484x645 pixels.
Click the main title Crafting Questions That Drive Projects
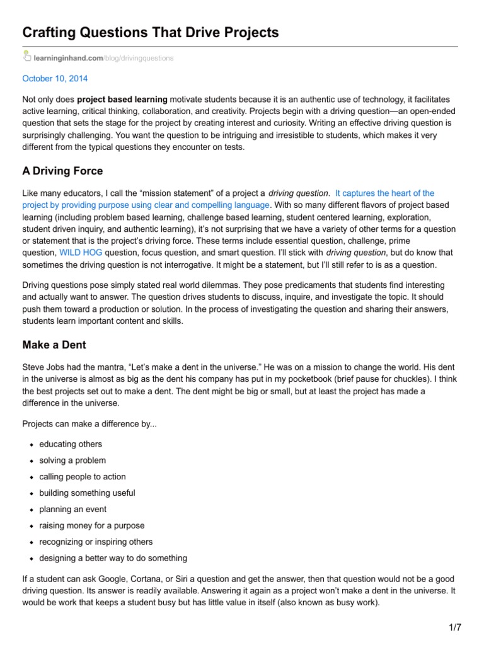pyautogui.click(x=150, y=32)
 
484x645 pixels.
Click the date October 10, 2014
pyautogui.click(x=55, y=79)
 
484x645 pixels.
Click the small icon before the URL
pyautogui.click(x=26, y=57)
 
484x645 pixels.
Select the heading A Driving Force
pyautogui.click(x=62, y=171)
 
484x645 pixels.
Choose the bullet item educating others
pyautogui.click(x=70, y=444)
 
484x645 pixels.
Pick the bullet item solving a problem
pyautogui.click(x=72, y=460)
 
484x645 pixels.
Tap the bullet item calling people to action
pyautogui.click(x=83, y=477)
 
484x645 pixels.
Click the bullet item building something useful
pyautogui.click(x=87, y=493)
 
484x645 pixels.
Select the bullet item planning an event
pyautogui.click(x=72, y=509)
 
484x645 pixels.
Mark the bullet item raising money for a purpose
pyautogui.click(x=91, y=525)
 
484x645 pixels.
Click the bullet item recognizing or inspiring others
pyautogui.click(x=96, y=542)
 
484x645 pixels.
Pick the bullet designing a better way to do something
pyautogui.click(x=113, y=558)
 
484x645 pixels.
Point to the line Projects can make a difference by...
pyautogui.click(x=89, y=424)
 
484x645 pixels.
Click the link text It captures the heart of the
pyautogui.click(x=385, y=193)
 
